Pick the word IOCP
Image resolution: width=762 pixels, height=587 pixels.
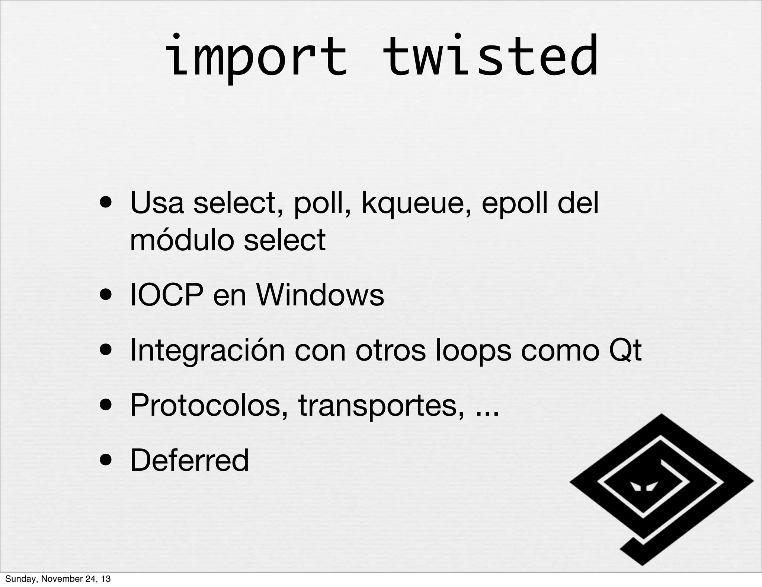167,295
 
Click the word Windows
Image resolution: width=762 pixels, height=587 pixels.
320,295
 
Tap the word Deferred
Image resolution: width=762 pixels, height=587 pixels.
189,460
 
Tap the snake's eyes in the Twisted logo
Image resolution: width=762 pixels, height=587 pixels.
644,486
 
